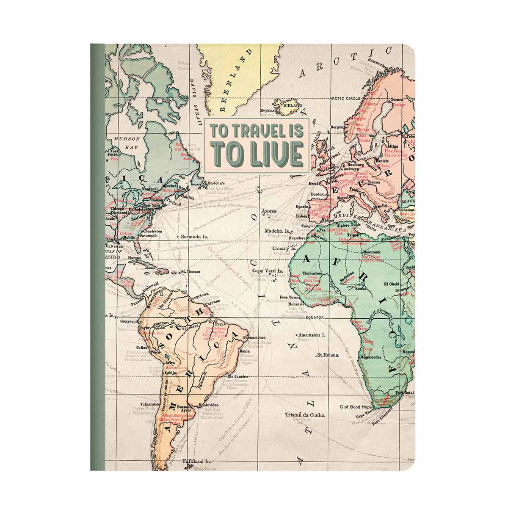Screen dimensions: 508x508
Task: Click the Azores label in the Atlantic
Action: (x=269, y=210)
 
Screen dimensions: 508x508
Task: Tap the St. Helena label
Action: (x=328, y=355)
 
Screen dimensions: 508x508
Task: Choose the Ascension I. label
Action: (x=323, y=334)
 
